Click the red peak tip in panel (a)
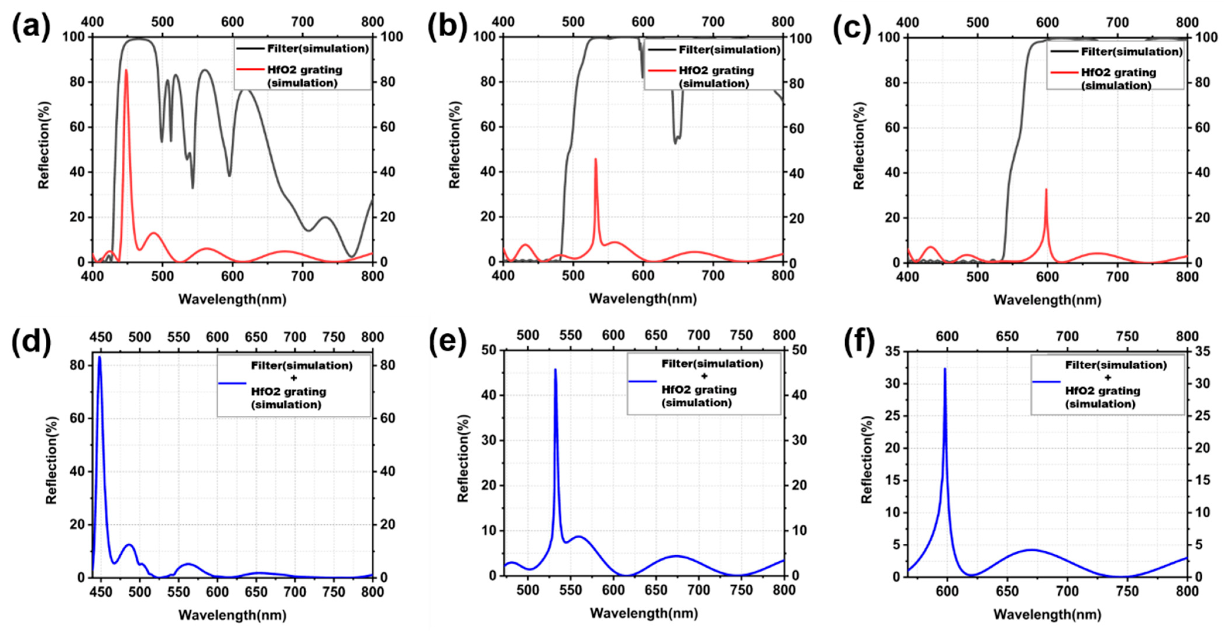(x=126, y=70)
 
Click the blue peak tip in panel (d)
(x=99, y=357)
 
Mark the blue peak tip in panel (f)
(x=945, y=368)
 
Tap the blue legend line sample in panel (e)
(x=642, y=381)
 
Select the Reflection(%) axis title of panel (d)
(x=51, y=460)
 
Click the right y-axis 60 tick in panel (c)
(x=1202, y=127)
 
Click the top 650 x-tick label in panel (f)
(x=1007, y=336)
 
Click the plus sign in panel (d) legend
(x=293, y=378)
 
